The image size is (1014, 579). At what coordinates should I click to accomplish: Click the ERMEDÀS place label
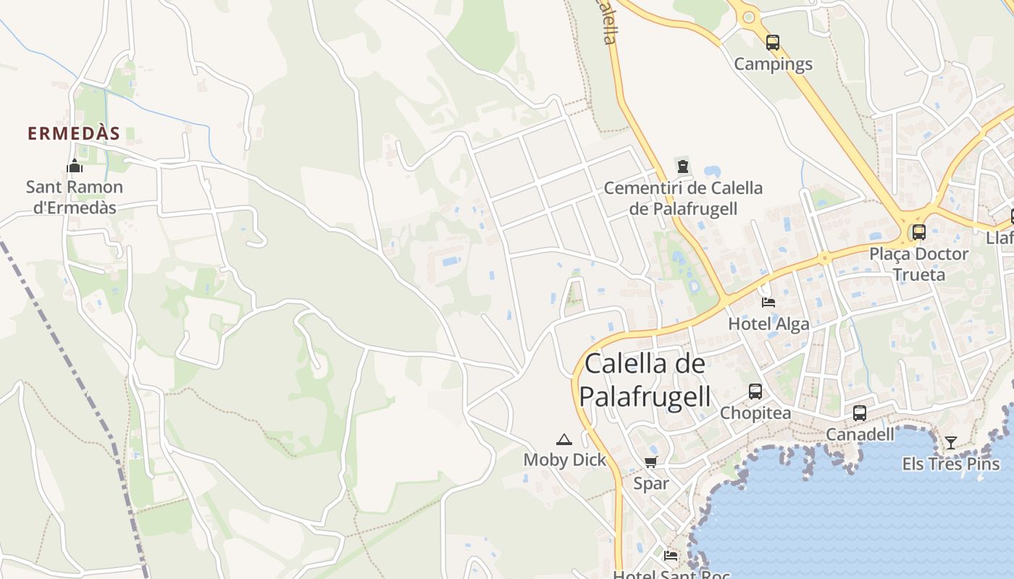pyautogui.click(x=73, y=134)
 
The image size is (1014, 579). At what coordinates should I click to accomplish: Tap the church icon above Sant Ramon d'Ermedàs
pyautogui.click(x=75, y=167)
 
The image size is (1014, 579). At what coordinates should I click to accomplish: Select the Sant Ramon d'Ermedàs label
pyautogui.click(x=75, y=197)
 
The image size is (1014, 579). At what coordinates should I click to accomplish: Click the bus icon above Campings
pyautogui.click(x=773, y=42)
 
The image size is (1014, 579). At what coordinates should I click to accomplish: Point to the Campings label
pyautogui.click(x=773, y=64)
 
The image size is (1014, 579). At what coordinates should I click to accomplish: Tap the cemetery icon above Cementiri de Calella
pyautogui.click(x=682, y=166)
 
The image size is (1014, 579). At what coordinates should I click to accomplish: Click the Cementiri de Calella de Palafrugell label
pyautogui.click(x=683, y=198)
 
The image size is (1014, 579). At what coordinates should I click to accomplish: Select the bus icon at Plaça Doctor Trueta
pyautogui.click(x=918, y=232)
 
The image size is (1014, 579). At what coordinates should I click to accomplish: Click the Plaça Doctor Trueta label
pyautogui.click(x=918, y=264)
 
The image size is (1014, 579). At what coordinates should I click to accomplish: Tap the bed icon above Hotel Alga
pyautogui.click(x=768, y=302)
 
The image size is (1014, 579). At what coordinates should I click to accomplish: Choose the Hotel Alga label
pyautogui.click(x=768, y=324)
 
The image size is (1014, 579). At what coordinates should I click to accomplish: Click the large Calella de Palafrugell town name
pyautogui.click(x=645, y=380)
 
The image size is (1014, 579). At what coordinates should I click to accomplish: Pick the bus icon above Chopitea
pyautogui.click(x=755, y=392)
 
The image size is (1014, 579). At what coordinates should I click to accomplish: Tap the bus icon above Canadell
pyautogui.click(x=860, y=413)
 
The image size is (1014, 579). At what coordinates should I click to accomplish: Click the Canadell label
pyautogui.click(x=860, y=434)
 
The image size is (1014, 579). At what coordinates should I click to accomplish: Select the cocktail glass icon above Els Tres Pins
pyautogui.click(x=950, y=442)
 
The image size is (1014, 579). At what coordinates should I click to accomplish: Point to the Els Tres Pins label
pyautogui.click(x=950, y=464)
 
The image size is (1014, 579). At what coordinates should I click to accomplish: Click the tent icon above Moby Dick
pyautogui.click(x=564, y=439)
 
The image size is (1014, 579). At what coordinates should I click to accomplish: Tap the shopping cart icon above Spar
pyautogui.click(x=650, y=462)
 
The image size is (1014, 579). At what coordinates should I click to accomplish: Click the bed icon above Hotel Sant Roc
pyautogui.click(x=671, y=556)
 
